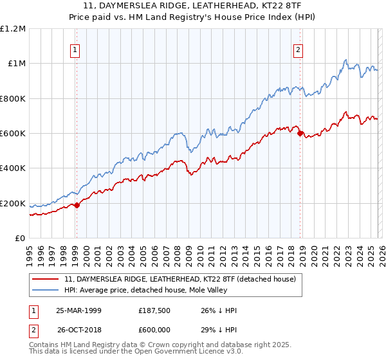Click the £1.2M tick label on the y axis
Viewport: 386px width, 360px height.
coord(14,28)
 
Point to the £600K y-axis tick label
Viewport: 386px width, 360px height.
coord(13,133)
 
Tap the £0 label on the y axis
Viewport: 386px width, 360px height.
coord(20,238)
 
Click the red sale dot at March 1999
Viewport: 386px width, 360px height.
coord(77,205)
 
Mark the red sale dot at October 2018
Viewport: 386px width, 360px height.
coord(300,133)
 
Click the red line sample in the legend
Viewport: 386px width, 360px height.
coord(46,280)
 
